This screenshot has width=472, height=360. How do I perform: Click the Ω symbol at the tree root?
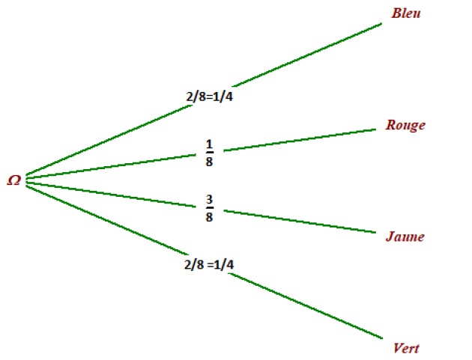point(14,180)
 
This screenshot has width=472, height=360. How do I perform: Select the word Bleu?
point(406,13)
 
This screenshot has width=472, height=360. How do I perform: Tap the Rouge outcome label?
point(405,126)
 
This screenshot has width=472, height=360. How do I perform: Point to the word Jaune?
point(405,237)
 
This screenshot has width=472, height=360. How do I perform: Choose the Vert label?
point(406,348)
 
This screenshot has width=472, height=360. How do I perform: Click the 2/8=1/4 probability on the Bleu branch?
point(210,97)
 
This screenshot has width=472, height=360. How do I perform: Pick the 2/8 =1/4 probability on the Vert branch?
point(209,264)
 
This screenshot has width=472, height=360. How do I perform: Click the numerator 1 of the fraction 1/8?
point(209,144)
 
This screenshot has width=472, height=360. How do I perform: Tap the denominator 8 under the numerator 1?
point(209,162)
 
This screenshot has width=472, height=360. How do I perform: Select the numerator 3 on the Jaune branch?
point(209,199)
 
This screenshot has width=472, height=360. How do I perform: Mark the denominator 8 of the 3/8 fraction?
point(209,217)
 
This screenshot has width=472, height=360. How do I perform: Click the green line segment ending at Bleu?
point(306,55)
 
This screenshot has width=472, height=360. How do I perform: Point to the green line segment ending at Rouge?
point(300,140)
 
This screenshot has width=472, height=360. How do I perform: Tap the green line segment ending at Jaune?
point(300,222)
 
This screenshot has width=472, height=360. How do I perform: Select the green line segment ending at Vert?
point(305,305)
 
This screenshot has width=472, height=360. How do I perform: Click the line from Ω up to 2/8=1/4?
point(109,139)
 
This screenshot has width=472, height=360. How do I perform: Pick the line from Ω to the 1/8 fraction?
point(111,166)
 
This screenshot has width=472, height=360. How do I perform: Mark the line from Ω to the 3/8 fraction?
point(111,195)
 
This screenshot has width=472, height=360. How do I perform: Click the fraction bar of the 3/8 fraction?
point(210,208)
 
